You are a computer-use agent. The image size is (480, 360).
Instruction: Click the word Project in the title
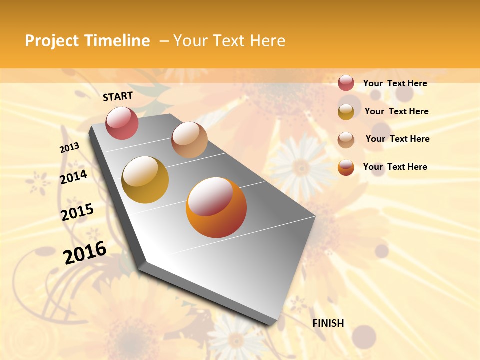coord(52,41)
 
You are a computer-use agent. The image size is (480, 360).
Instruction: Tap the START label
coord(118,96)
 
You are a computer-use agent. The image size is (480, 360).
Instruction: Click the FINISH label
coord(328,323)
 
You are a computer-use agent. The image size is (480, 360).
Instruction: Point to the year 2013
coord(69,148)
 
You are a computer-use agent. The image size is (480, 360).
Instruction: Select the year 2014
coord(73,177)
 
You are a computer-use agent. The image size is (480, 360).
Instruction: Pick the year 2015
coord(77,212)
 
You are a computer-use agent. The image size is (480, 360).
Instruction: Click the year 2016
coord(85,252)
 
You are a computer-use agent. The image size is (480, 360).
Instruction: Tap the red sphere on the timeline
coord(122,123)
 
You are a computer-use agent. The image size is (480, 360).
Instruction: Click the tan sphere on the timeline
coord(189,140)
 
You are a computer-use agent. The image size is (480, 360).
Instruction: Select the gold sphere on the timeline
coord(145,180)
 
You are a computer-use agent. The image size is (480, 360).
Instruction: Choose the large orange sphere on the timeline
coord(216,207)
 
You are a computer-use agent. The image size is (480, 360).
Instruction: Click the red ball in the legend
coord(346,83)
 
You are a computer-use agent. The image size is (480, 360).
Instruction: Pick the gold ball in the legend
coord(346,111)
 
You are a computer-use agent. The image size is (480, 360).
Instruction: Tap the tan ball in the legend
coord(346,139)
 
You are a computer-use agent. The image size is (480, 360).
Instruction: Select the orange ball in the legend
coord(346,167)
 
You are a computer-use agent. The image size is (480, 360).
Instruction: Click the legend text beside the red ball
coord(395,83)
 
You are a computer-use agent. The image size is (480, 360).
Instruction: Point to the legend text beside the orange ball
coord(395,167)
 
